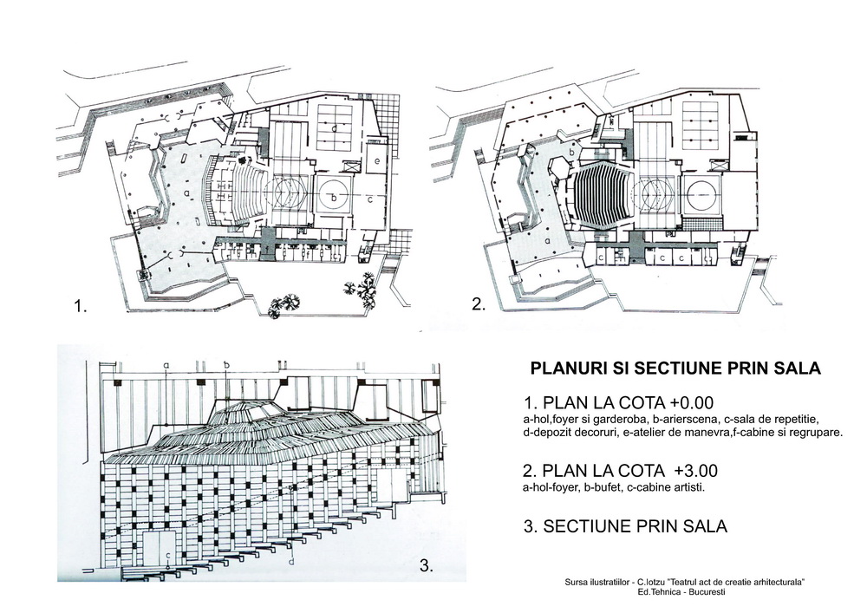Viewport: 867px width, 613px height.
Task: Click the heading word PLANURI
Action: click(x=569, y=368)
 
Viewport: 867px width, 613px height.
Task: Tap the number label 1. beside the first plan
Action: click(x=81, y=306)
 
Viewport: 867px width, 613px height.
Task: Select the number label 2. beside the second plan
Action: click(x=478, y=304)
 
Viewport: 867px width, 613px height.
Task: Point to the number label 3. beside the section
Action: click(x=426, y=566)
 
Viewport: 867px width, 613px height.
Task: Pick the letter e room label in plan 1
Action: click(x=376, y=161)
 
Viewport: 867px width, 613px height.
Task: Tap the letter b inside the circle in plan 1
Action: click(x=335, y=198)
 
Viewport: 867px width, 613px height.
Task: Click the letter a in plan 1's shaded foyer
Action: click(x=187, y=192)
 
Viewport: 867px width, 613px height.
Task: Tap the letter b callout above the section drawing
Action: click(x=226, y=365)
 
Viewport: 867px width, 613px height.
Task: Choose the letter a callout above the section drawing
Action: click(x=165, y=365)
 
